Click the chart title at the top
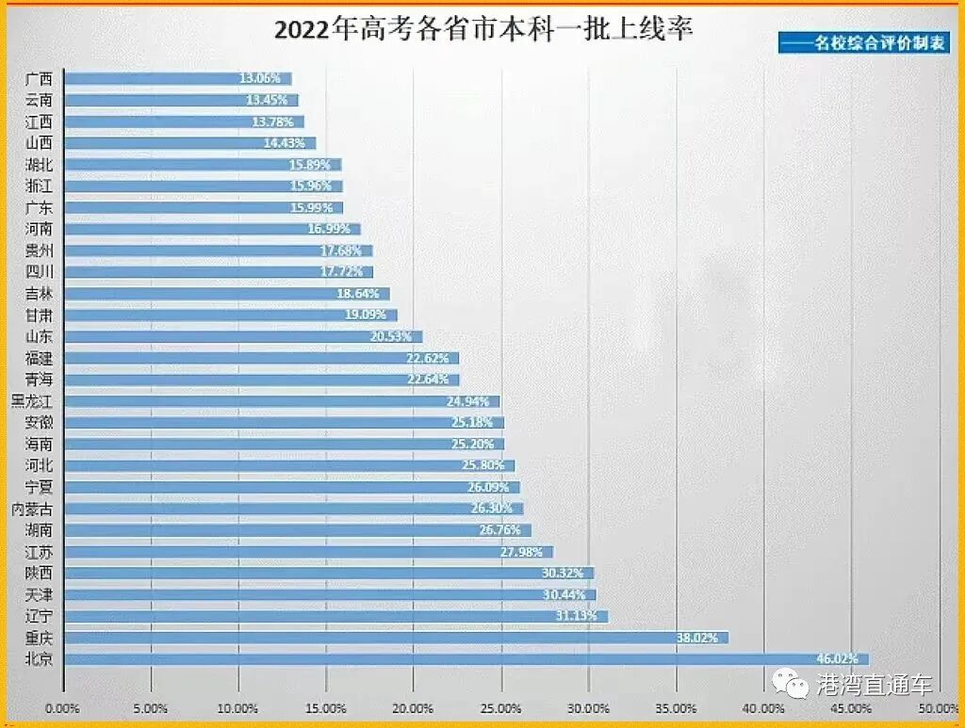[482, 28]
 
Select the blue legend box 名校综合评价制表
[865, 42]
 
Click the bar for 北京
[466, 659]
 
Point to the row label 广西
[39, 79]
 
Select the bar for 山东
[242, 336]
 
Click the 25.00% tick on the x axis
[500, 708]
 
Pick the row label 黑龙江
[31, 401]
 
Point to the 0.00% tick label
[63, 708]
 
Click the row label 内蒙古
[31, 509]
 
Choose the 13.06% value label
[259, 79]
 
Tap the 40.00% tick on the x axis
[763, 708]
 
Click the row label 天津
[39, 594]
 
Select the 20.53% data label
[390, 336]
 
